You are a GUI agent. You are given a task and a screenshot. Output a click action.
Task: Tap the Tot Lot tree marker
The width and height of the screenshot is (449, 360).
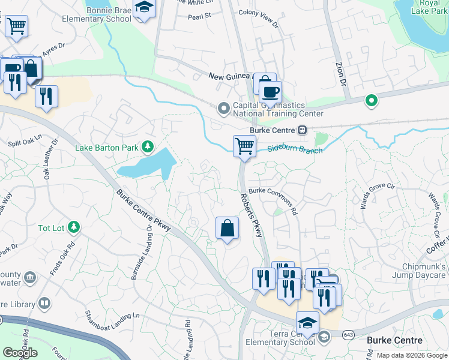click(x=73, y=227)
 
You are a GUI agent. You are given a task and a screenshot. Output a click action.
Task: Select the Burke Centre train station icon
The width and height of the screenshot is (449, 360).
click(x=303, y=130)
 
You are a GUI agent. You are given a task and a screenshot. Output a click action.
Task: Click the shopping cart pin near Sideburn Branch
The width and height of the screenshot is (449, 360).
click(x=244, y=146)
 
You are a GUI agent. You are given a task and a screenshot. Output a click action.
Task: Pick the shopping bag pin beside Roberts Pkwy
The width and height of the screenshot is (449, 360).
click(x=227, y=228)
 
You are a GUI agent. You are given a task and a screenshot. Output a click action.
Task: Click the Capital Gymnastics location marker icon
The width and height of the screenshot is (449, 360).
click(x=224, y=109)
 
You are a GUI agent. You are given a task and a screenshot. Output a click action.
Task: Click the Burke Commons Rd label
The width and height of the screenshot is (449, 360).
click(x=274, y=200)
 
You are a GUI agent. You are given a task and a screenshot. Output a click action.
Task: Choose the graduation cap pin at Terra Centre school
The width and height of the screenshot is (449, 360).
click(x=307, y=323)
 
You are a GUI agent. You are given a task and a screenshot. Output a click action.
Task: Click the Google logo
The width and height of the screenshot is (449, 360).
click(x=20, y=352)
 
